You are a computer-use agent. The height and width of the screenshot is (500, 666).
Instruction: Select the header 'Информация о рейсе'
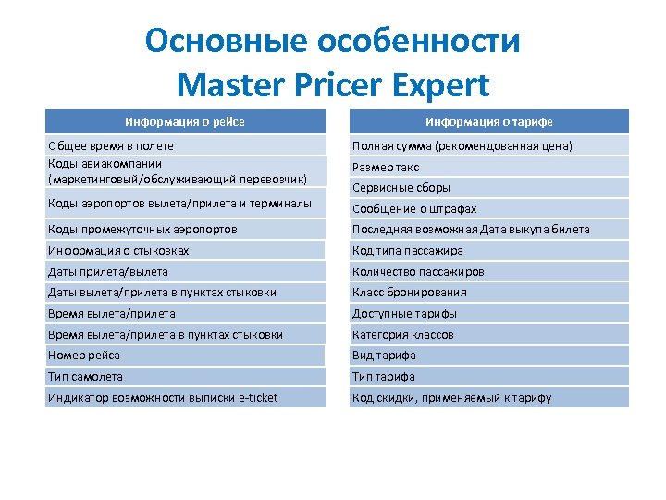pyautogui.click(x=185, y=121)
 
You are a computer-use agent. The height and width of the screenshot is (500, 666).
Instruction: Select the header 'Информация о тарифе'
pyautogui.click(x=488, y=121)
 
